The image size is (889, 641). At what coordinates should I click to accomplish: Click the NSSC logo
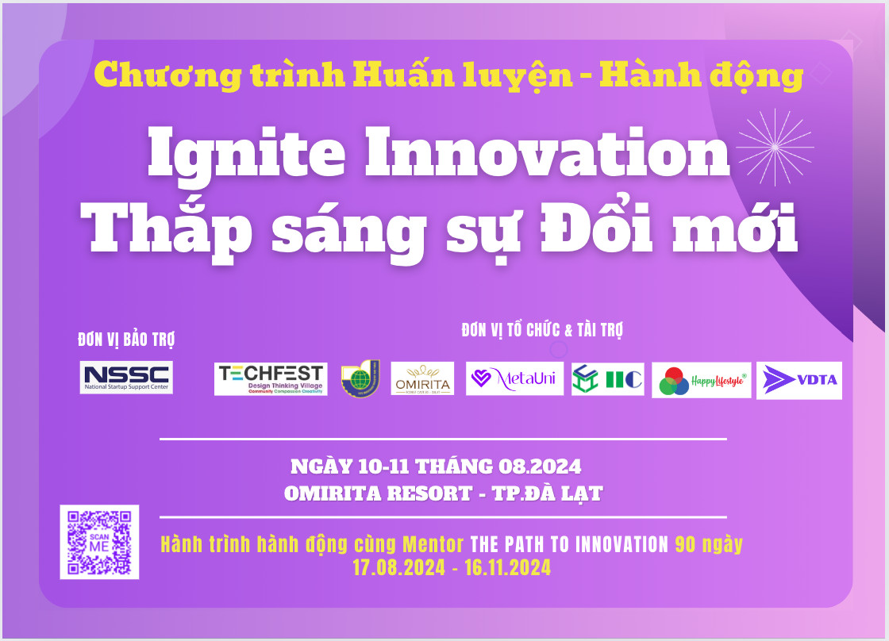pos(126,377)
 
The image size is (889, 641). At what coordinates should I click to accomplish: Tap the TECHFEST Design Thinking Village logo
pos(271,379)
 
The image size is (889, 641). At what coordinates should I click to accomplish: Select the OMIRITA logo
pos(422,378)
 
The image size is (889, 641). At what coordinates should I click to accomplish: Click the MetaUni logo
pos(514,378)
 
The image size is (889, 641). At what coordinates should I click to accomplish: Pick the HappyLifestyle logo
pos(701,380)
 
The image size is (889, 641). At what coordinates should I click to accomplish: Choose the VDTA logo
pos(799,380)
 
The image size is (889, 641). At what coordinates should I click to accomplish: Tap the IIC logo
pos(607,379)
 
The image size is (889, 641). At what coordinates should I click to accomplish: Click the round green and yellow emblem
pos(360,378)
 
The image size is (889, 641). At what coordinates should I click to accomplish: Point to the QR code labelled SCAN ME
pos(99,542)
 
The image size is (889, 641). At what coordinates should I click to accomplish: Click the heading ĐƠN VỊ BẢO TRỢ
pos(126,340)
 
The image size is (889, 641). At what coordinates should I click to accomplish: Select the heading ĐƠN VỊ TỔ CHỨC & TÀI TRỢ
pos(542,330)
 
